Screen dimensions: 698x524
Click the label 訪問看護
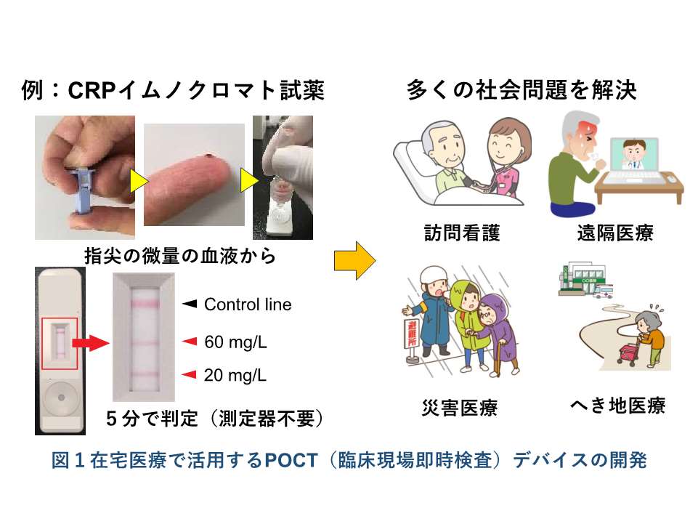click(462, 233)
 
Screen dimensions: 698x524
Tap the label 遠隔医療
click(615, 233)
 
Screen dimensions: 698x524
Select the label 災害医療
click(459, 407)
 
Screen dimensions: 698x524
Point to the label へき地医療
click(618, 406)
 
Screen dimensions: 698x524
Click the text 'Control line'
click(248, 305)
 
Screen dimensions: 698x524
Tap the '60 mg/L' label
click(235, 342)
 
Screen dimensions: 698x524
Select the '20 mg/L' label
click(235, 375)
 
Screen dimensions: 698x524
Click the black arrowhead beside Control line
click(190, 304)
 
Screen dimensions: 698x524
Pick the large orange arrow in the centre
click(354, 261)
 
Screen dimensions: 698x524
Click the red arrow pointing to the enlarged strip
click(90, 343)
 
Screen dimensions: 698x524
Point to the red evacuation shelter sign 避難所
click(413, 334)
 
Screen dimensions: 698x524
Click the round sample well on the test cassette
click(61, 398)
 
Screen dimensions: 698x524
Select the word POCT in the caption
click(291, 460)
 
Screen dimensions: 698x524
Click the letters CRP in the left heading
click(92, 90)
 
